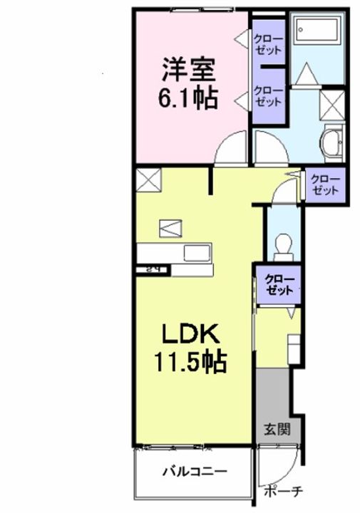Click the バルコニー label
pyautogui.click(x=194, y=471)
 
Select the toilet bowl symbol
pyautogui.click(x=284, y=244)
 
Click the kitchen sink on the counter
pyautogui.click(x=194, y=254)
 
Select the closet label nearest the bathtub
pyautogui.click(x=268, y=43)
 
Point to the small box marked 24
pyautogui.click(x=151, y=269)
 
